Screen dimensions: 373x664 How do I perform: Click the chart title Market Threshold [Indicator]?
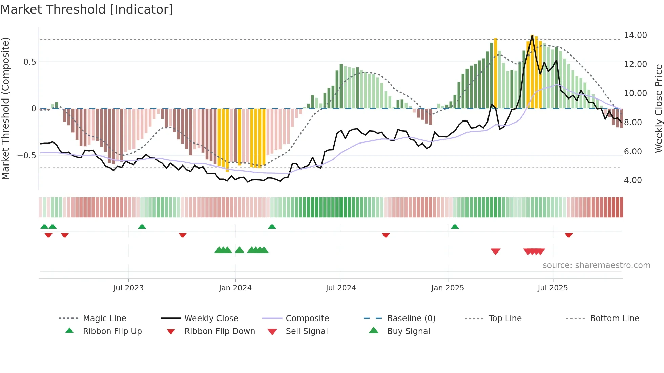(87, 9)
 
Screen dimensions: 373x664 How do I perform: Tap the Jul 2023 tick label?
(128, 288)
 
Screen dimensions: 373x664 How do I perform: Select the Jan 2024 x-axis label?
(235, 288)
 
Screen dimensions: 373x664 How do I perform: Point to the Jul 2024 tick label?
(341, 288)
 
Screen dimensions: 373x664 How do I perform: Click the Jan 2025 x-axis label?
(448, 288)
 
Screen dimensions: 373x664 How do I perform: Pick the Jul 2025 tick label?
(553, 288)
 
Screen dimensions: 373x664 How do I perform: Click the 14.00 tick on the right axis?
(635, 35)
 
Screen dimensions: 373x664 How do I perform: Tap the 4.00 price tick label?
(633, 180)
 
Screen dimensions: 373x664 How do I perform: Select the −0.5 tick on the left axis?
(26, 156)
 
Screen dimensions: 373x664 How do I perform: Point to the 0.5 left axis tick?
(29, 62)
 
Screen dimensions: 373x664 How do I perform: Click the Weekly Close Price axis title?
(658, 108)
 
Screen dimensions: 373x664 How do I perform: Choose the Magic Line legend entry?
(104, 319)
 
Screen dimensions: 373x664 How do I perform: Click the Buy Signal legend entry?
(408, 331)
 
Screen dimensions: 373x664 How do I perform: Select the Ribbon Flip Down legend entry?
(219, 331)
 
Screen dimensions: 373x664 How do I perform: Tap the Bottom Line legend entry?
(614, 319)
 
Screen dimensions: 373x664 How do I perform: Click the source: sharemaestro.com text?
(596, 265)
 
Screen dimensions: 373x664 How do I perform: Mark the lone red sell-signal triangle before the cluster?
(495, 251)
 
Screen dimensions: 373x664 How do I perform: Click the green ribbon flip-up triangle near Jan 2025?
(455, 227)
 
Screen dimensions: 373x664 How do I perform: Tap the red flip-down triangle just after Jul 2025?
(568, 235)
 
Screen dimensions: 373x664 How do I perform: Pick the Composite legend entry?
(307, 319)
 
